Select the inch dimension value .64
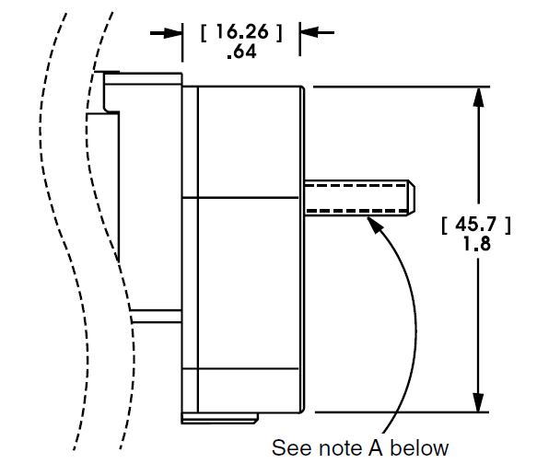pyautogui.click(x=239, y=53)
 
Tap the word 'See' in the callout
pyautogui.click(x=294, y=448)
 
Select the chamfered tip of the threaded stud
pyautogui.click(x=413, y=198)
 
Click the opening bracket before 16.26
pyautogui.click(x=204, y=32)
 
